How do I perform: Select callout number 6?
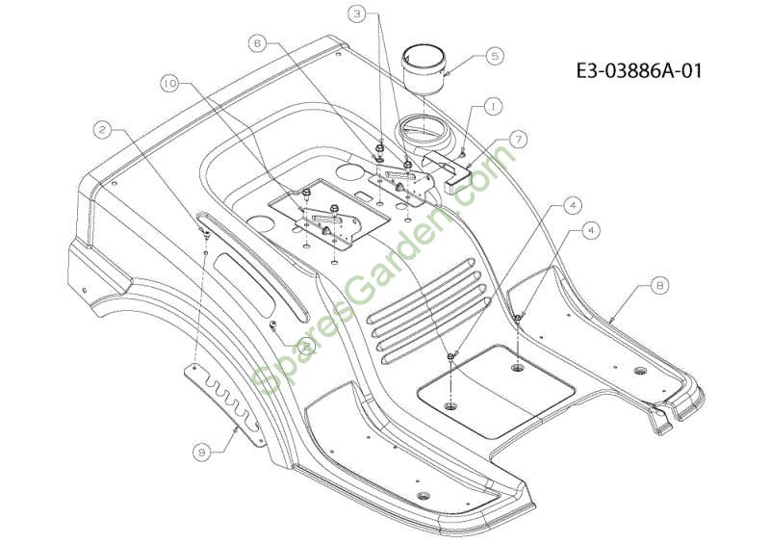[x=258, y=43]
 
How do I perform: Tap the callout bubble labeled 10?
[x=170, y=84]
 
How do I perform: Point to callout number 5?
[x=495, y=56]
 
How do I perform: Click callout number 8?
[x=659, y=285]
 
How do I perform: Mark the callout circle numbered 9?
[x=202, y=453]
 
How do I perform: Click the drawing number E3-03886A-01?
[x=639, y=70]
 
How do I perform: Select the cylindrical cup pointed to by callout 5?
[x=423, y=69]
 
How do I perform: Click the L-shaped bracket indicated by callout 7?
[x=446, y=169]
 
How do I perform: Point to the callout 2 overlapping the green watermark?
[x=306, y=346]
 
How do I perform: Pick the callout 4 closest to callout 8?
[x=591, y=230]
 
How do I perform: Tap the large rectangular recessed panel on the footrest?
[x=496, y=392]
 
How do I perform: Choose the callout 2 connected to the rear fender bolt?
[x=102, y=130]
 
